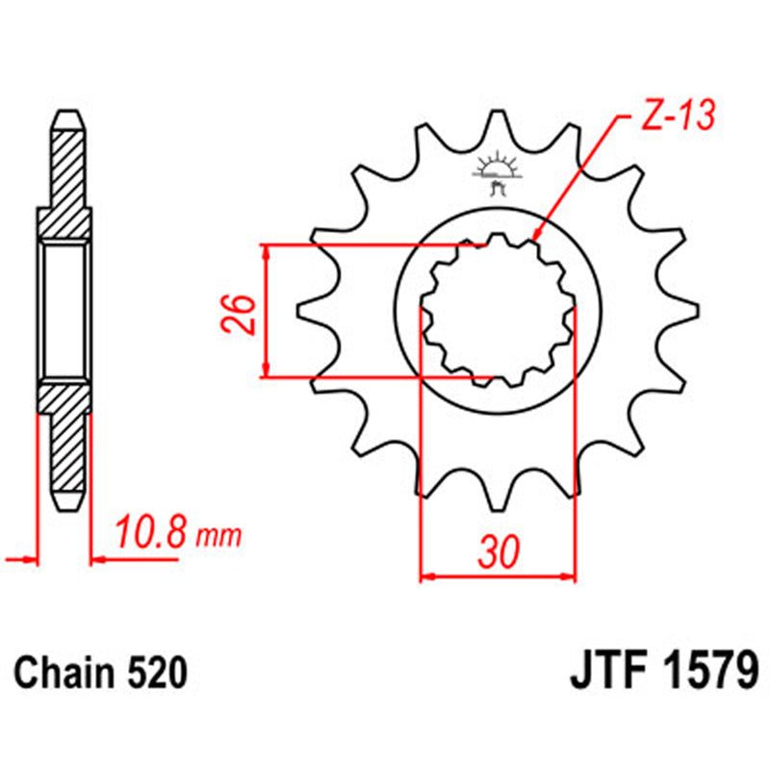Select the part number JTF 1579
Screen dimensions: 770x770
pyautogui.click(x=665, y=671)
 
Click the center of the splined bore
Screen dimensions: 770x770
pyautogui.click(x=498, y=311)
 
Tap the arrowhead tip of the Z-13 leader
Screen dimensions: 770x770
pyautogui.click(x=534, y=238)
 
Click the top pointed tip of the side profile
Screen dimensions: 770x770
pyautogui.click(x=66, y=113)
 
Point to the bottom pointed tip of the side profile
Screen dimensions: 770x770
pyautogui.click(x=66, y=507)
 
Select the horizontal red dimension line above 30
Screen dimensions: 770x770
pyautogui.click(x=498, y=578)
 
